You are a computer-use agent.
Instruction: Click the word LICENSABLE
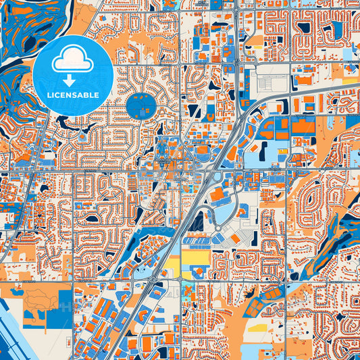(72, 95)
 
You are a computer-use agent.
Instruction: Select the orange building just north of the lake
(219, 196)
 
